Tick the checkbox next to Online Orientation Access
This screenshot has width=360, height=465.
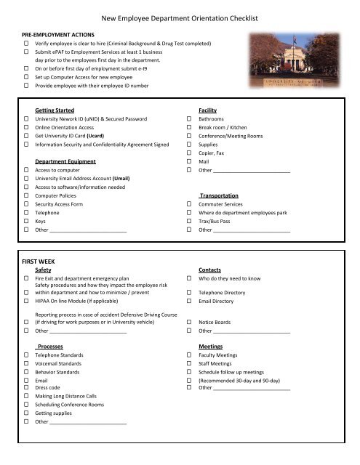click(x=26, y=128)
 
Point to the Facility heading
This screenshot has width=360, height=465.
click(x=208, y=108)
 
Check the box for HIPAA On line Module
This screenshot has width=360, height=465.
click(x=26, y=302)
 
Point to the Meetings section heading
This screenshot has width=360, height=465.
click(x=211, y=347)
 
